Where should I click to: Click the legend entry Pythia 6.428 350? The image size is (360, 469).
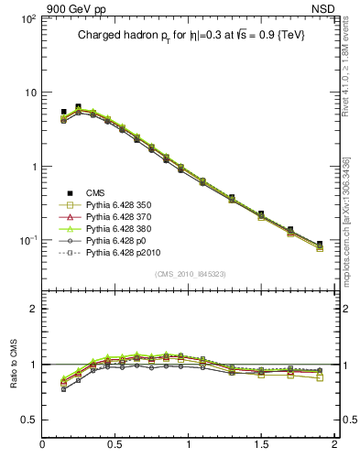[x=118, y=206]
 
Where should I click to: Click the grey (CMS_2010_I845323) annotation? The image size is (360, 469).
[x=190, y=274]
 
